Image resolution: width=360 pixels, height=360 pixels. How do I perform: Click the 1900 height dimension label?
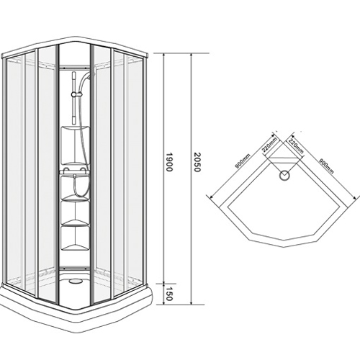tap(169, 162)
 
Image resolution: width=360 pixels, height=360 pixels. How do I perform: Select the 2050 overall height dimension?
tap(197, 162)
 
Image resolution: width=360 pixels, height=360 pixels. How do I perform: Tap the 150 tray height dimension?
tap(169, 294)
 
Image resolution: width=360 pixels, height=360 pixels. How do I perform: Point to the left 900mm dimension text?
tap(243, 161)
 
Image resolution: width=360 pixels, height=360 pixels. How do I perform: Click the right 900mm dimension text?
tap(326, 166)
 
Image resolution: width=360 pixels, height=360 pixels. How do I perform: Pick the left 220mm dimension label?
tap(269, 145)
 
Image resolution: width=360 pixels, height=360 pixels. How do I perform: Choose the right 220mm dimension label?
tap(296, 146)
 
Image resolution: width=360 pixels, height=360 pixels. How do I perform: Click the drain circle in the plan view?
tap(284, 176)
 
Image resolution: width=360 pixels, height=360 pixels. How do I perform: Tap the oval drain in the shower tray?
tap(74, 280)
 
